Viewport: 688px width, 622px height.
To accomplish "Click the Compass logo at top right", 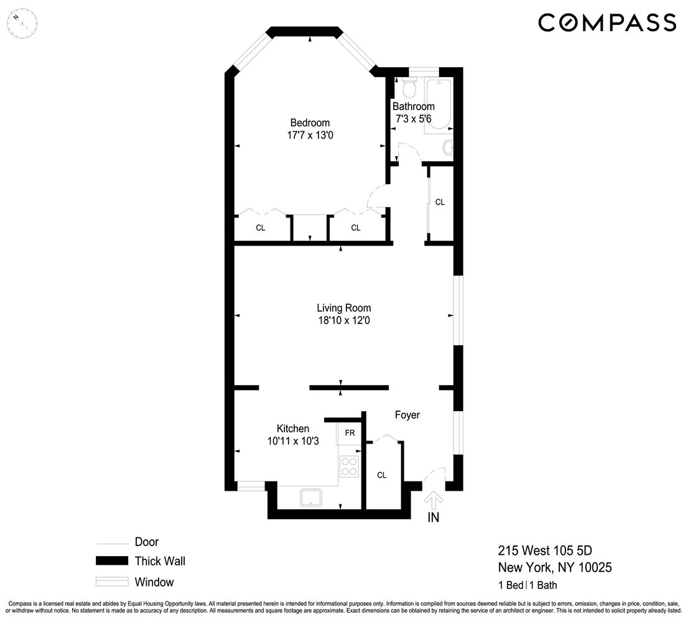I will click(607, 23).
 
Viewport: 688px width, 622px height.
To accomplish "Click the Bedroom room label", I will click(310, 123).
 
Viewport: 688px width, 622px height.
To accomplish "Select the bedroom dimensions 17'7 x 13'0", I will click(310, 134).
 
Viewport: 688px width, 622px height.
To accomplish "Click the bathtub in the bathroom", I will click(439, 104).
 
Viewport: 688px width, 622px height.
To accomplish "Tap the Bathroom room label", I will click(413, 106).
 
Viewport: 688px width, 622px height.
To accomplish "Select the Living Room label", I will click(343, 308).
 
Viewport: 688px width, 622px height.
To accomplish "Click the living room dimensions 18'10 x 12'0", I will click(343, 320).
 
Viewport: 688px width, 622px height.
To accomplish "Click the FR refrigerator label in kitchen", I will click(350, 433).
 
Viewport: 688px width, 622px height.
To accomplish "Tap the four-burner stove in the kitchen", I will click(350, 466).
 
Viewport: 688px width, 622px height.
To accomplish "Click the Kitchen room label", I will click(292, 429).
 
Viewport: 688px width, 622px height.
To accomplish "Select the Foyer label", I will click(407, 415).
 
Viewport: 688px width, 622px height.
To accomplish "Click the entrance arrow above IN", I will click(434, 499).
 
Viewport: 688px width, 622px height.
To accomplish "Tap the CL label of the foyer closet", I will click(381, 475).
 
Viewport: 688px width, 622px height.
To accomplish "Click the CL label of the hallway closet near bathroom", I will click(440, 202).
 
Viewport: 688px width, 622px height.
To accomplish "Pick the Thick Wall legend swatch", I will click(112, 561).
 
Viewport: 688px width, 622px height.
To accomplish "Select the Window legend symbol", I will click(112, 583).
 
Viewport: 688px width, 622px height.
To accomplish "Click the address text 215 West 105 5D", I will click(545, 550).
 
